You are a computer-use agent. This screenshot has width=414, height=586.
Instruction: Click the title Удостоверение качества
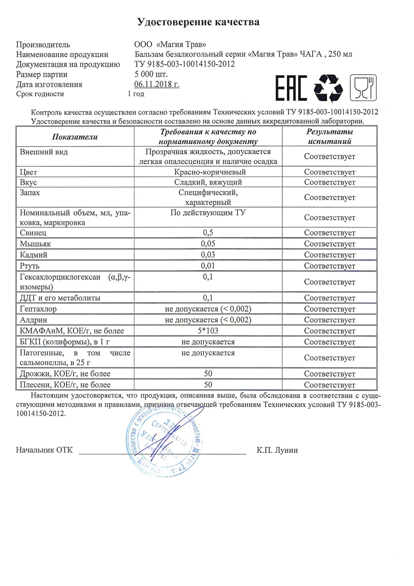198,22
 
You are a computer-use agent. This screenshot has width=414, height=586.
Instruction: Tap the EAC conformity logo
291,88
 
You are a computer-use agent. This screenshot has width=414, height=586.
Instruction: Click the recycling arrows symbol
328,88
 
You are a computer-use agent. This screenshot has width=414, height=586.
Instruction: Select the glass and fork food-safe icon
363,88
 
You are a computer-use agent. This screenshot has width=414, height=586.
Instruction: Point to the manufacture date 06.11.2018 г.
156,84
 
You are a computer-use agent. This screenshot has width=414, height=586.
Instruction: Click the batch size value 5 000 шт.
151,74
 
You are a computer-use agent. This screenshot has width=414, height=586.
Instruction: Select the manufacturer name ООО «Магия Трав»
170,44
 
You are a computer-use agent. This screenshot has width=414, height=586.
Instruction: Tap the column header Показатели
75,137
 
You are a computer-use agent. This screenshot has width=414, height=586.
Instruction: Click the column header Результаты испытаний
330,136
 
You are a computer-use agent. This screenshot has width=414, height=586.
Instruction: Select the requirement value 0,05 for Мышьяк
208,244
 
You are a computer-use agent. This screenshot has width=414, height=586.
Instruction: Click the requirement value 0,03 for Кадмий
208,255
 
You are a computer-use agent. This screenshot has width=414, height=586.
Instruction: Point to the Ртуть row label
30,266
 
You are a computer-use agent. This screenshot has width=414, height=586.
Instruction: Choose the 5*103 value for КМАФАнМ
208,331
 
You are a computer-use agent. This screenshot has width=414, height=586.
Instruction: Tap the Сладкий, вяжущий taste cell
208,182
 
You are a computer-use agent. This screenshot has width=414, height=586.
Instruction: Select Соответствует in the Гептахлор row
330,309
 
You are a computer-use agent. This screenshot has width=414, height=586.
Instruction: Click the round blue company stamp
165,441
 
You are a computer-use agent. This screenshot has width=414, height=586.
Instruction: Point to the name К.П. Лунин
277,450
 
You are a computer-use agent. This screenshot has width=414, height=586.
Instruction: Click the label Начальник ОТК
44,450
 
